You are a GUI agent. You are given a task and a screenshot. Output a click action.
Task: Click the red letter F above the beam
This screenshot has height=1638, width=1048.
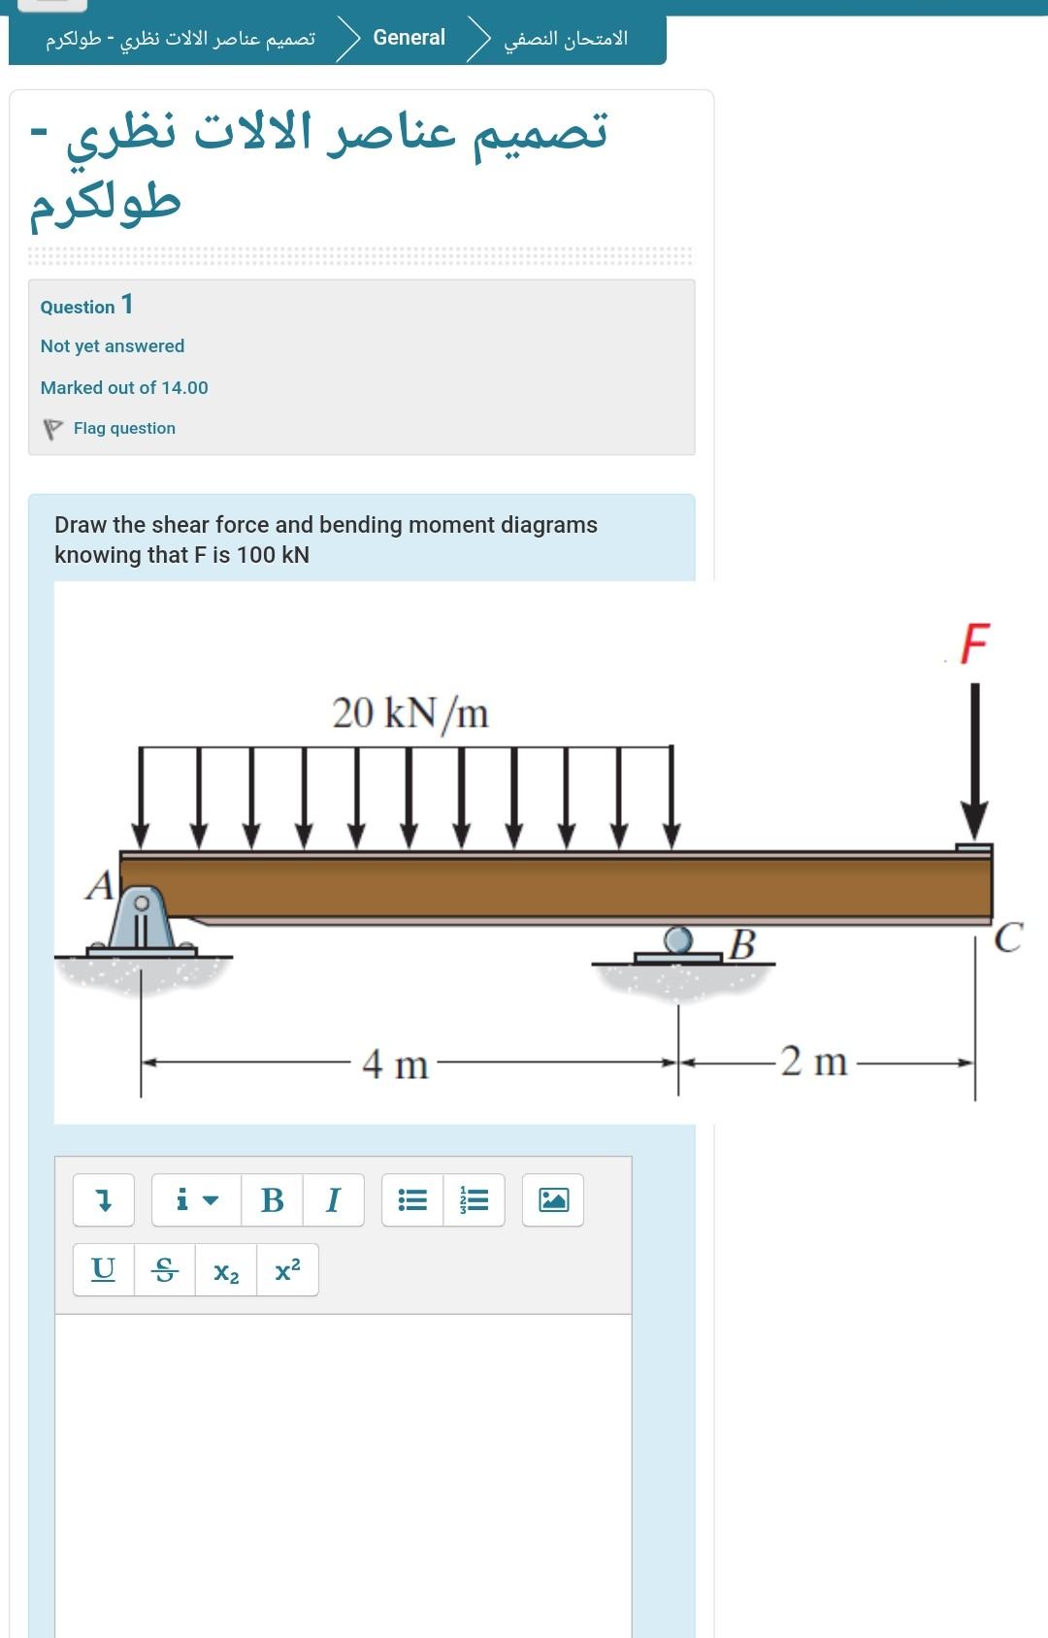pyautogui.click(x=975, y=642)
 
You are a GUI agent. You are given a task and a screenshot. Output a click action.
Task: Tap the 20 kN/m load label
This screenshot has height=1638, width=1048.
pyautogui.click(x=410, y=713)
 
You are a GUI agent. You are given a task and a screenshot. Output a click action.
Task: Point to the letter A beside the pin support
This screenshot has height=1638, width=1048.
pyautogui.click(x=99, y=886)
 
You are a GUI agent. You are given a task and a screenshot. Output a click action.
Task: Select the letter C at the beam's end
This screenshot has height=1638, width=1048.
pyautogui.click(x=1008, y=937)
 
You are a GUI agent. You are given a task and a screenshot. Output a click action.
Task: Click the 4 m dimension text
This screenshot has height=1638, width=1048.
pyautogui.click(x=395, y=1064)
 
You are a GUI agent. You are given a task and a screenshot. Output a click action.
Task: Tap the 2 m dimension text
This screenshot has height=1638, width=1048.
pyautogui.click(x=814, y=1061)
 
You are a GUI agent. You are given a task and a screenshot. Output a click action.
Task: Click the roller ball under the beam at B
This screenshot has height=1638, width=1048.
pyautogui.click(x=678, y=939)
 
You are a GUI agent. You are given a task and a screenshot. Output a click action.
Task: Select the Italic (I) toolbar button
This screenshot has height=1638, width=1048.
pyautogui.click(x=334, y=1200)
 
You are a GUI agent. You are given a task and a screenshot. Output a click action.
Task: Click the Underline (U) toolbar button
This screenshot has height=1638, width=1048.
pyautogui.click(x=103, y=1269)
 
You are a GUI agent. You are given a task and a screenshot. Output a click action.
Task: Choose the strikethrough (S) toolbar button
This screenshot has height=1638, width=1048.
pyautogui.click(x=165, y=1269)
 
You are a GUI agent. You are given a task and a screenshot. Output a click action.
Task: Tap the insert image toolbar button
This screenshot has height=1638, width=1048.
pyautogui.click(x=553, y=1200)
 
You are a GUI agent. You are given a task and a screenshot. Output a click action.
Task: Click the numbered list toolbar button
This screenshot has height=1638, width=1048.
pyautogui.click(x=474, y=1200)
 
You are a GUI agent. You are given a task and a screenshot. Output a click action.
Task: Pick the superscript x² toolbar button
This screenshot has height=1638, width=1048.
pyautogui.click(x=287, y=1269)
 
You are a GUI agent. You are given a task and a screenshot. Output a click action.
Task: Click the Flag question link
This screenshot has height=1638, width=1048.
pyautogui.click(x=124, y=428)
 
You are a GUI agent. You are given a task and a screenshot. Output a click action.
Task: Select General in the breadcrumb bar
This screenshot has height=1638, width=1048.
pyautogui.click(x=409, y=37)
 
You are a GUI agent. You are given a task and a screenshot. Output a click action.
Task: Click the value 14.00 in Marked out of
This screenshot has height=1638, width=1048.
pyautogui.click(x=185, y=387)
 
